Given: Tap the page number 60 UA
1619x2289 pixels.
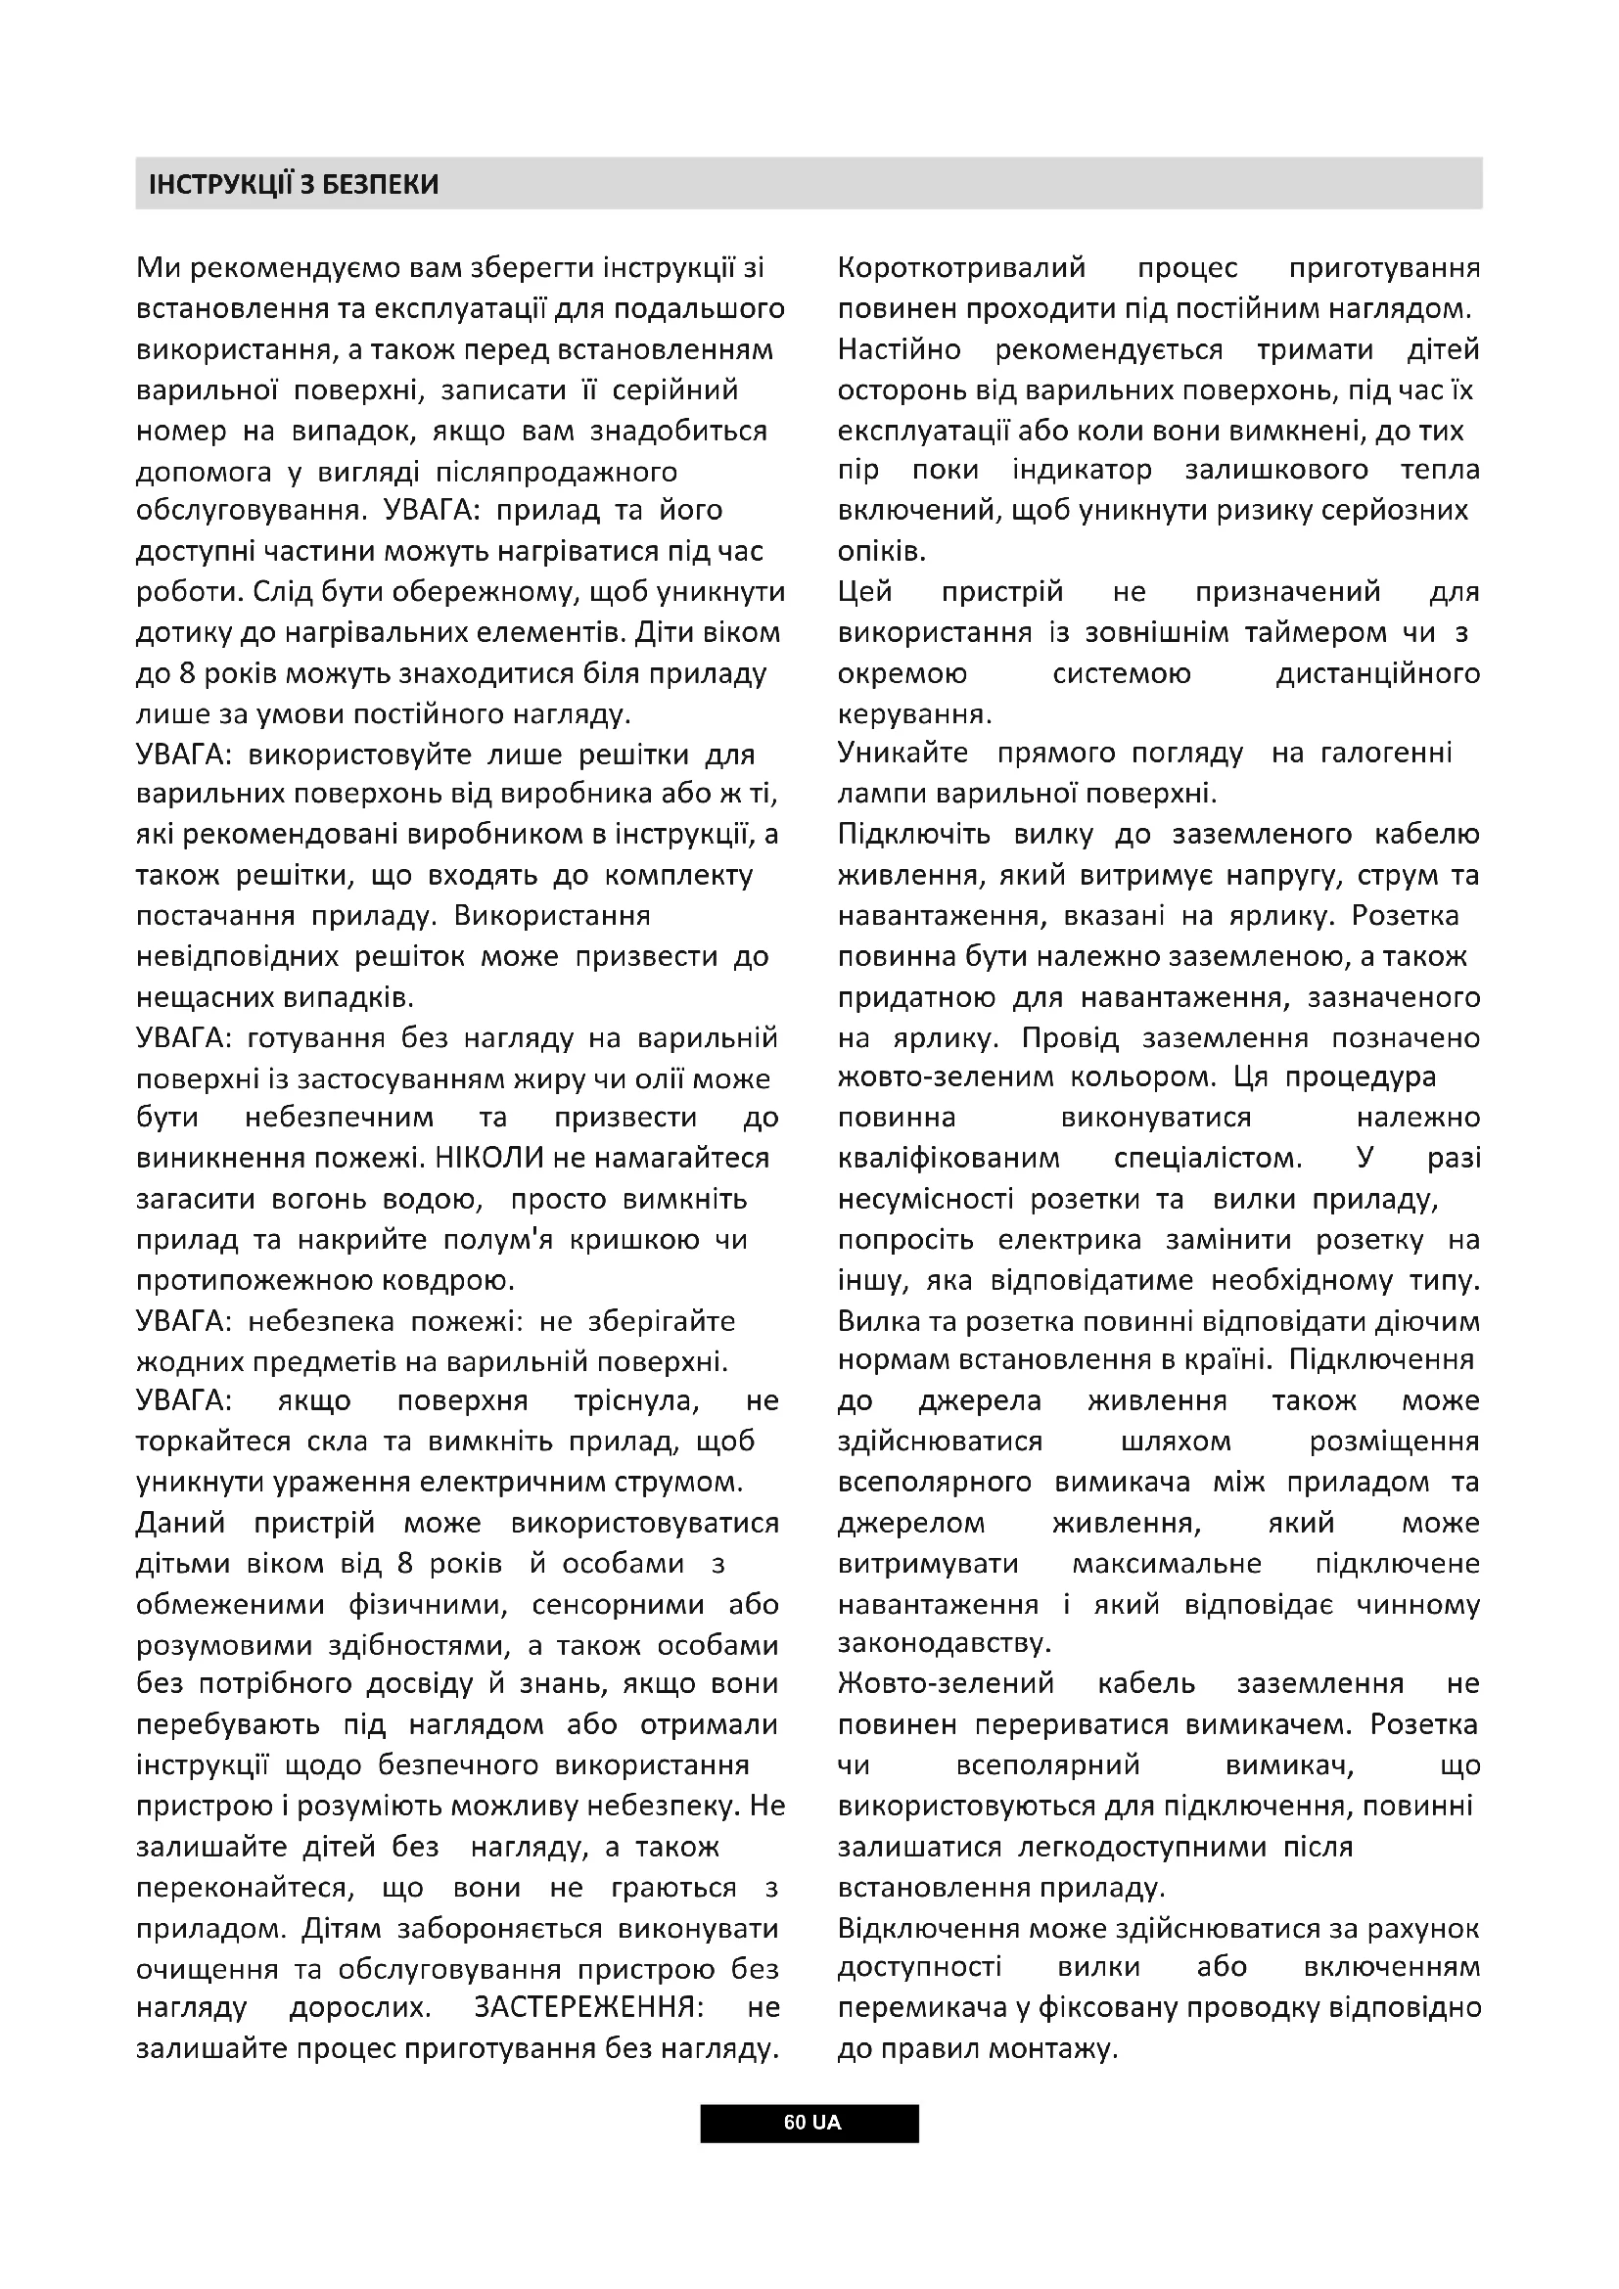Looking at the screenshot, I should point(810,2122).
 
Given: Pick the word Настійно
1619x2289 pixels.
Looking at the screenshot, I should point(899,350).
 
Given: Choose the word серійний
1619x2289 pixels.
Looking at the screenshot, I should point(675,389).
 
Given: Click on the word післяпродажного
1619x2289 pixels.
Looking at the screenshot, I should point(557,472).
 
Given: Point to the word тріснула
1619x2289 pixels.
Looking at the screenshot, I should point(636,1400).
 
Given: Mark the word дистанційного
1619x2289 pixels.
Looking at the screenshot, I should point(1377,674).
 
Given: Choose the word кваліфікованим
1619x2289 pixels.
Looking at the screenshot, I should point(948,1159).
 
